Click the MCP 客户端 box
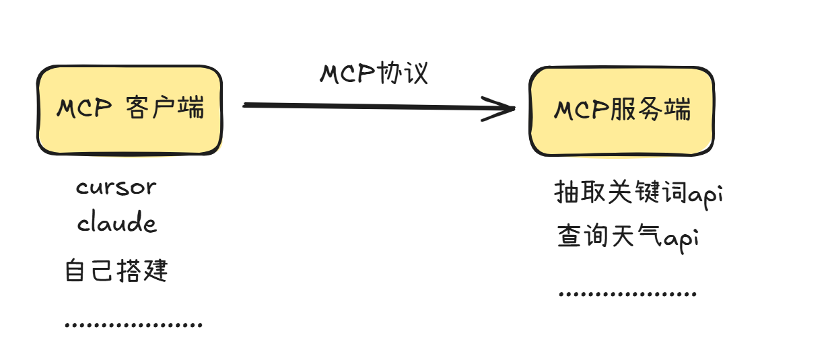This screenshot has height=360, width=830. (x=129, y=110)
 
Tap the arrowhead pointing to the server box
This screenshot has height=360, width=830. (x=502, y=108)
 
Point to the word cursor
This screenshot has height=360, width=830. (x=116, y=186)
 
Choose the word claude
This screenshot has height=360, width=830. (x=116, y=223)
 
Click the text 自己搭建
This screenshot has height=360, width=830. (x=116, y=271)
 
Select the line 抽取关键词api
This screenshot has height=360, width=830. (x=638, y=193)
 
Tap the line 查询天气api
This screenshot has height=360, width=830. (x=627, y=237)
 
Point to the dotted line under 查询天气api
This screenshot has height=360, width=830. (x=627, y=295)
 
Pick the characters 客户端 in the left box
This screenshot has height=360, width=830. (x=165, y=108)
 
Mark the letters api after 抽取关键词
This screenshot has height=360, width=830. (x=705, y=194)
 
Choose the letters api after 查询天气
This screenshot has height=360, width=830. (x=680, y=239)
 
